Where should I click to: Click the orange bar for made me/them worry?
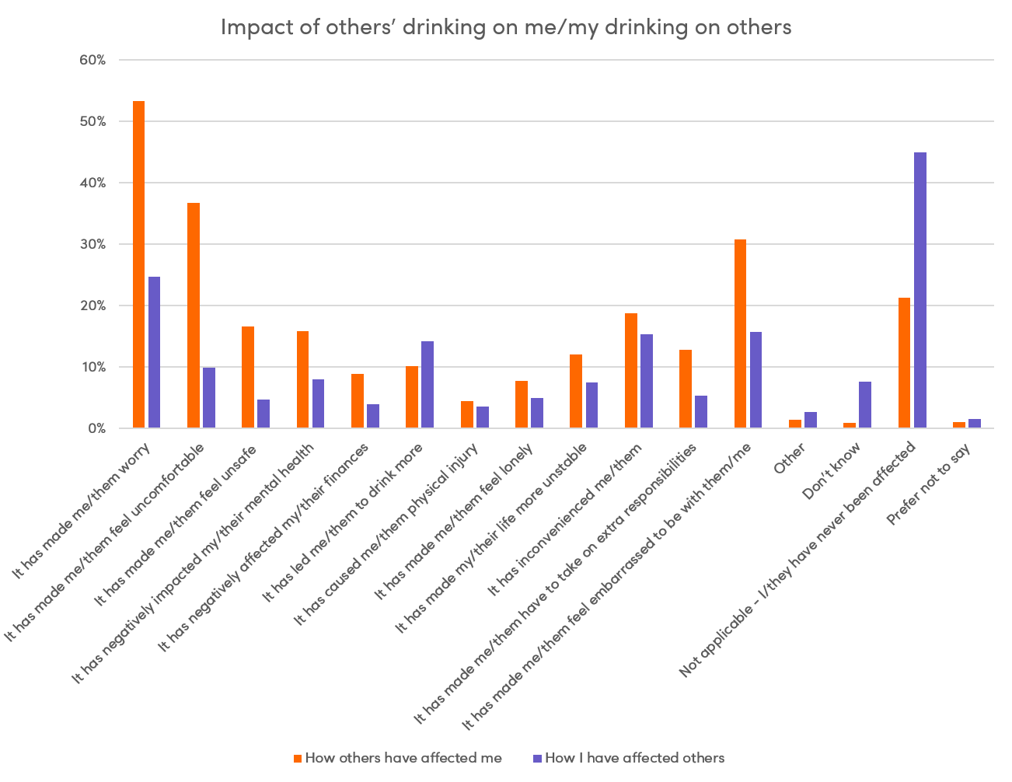pos(138,264)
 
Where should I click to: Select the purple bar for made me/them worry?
pos(154,352)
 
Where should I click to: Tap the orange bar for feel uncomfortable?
pos(194,316)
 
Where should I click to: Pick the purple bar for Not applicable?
pos(920,290)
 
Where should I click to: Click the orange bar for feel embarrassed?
pos(740,333)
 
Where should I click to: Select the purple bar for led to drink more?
pos(427,385)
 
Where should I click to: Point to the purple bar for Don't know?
pos(865,405)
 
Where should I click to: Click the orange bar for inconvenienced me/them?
pos(631,371)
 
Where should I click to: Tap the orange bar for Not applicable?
pos(904,363)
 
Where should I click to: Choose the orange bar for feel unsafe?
pos(248,377)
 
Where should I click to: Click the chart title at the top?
pos(506,27)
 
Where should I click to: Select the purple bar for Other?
pos(811,420)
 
